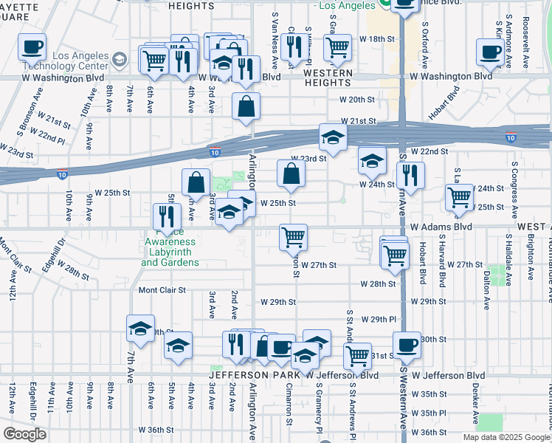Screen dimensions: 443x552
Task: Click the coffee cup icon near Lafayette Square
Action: click(32, 48)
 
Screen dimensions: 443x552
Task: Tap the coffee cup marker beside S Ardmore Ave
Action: click(490, 52)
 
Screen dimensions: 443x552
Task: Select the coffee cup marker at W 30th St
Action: click(407, 346)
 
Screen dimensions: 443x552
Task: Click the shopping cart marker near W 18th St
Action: click(337, 48)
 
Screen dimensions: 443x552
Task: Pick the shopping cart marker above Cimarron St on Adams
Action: click(293, 238)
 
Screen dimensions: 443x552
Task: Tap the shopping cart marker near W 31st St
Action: click(358, 355)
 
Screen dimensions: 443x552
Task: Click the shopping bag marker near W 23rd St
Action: click(291, 174)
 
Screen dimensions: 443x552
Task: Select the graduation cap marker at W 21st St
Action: click(333, 138)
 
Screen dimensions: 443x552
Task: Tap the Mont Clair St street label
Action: click(162, 290)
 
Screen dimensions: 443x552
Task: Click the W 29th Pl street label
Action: click(379, 318)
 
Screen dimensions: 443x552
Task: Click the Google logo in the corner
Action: click(24, 434)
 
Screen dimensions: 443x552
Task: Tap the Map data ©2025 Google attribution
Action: click(506, 437)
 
